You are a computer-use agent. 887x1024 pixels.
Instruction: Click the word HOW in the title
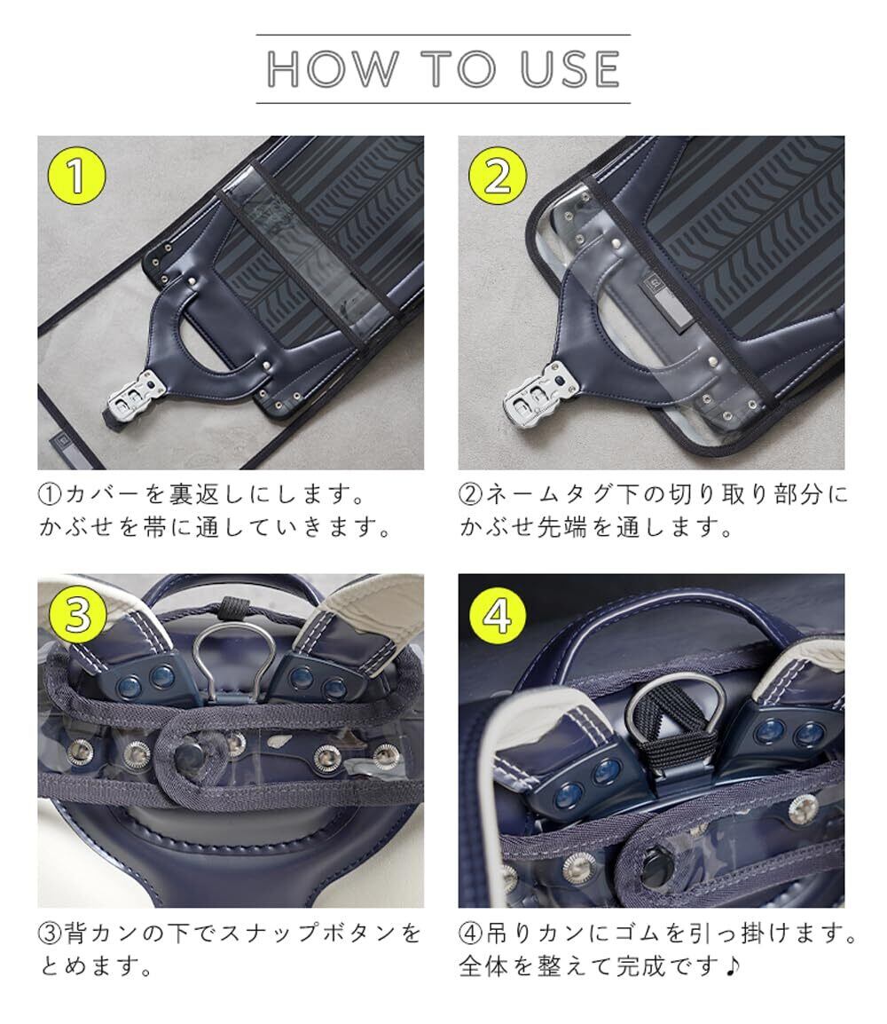point(333,68)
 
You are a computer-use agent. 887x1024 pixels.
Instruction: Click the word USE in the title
point(569,68)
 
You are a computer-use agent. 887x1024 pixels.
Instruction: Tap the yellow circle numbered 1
point(77,175)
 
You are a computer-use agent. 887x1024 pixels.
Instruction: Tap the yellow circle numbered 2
point(498,175)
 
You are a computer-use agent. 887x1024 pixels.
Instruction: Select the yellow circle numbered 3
point(77,614)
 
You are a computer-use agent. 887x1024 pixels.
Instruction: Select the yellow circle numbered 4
point(498,614)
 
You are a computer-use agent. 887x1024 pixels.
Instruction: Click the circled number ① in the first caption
point(51,494)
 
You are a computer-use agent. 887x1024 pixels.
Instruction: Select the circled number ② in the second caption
point(471,494)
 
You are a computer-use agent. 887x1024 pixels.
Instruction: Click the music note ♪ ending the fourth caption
point(733,965)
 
